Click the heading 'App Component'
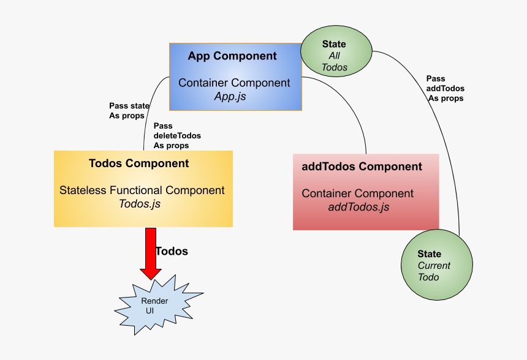(232, 56)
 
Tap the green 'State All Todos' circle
(335, 55)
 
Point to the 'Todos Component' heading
(138, 163)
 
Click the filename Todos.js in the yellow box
(140, 204)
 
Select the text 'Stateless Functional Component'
(142, 190)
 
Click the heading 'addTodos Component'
(362, 167)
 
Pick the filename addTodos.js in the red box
(358, 207)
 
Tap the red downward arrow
(151, 252)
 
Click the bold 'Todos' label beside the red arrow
(172, 252)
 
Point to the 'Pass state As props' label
(129, 111)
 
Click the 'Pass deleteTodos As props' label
(176, 136)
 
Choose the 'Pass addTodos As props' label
(445, 88)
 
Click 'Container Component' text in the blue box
(235, 83)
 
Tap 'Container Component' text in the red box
(357, 193)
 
